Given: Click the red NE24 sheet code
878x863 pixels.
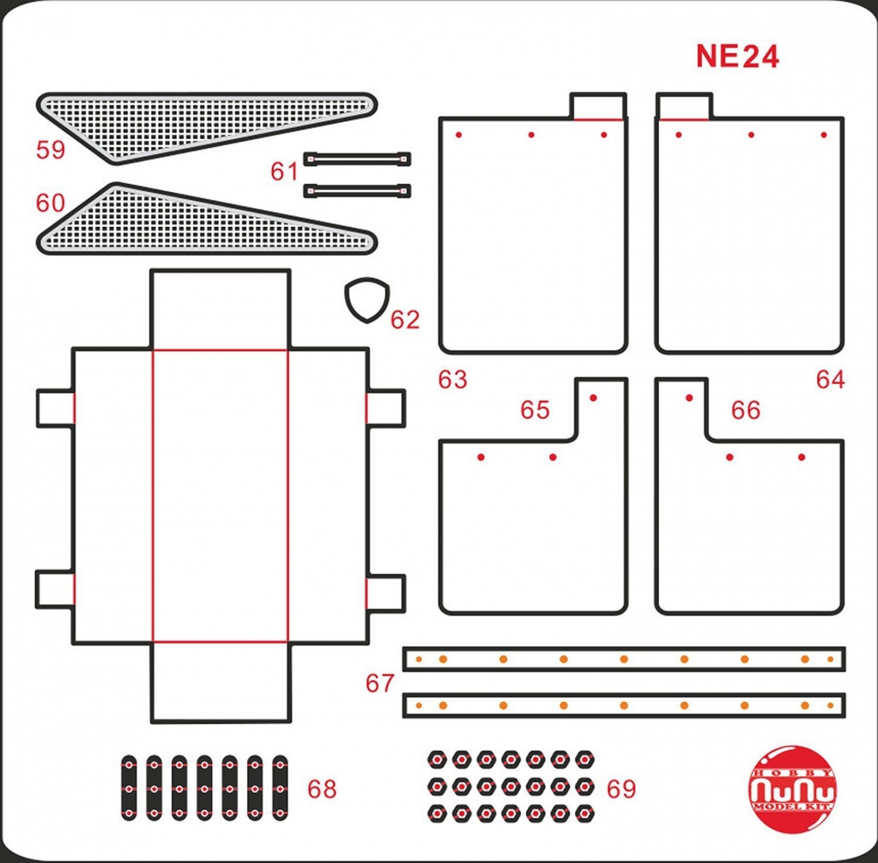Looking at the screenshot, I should (x=738, y=56).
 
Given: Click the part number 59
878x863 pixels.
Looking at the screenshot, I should (x=51, y=150).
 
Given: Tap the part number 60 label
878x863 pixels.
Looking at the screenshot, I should (x=51, y=203).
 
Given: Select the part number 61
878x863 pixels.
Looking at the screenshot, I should (x=284, y=171).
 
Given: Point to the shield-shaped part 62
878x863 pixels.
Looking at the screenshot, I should (x=367, y=300).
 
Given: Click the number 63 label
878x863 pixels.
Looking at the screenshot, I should (x=453, y=379).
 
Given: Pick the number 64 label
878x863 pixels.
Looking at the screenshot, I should (x=830, y=379).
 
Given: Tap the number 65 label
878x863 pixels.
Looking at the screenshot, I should (x=535, y=410).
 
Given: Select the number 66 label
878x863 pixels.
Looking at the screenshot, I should (x=746, y=410).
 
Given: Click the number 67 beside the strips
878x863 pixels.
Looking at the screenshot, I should (x=380, y=683).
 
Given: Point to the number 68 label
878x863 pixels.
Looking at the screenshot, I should (x=322, y=789).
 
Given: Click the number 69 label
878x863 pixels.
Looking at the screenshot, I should (x=621, y=789).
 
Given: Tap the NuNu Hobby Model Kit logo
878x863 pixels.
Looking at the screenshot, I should (x=793, y=789).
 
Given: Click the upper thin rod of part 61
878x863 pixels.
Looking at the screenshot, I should (x=357, y=159).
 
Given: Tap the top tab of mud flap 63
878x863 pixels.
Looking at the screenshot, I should (x=598, y=106).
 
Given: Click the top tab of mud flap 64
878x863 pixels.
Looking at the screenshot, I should (x=684, y=106).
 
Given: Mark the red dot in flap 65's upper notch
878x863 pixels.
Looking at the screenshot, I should (x=593, y=398).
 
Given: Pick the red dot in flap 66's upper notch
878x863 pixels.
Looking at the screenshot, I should (x=689, y=398).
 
